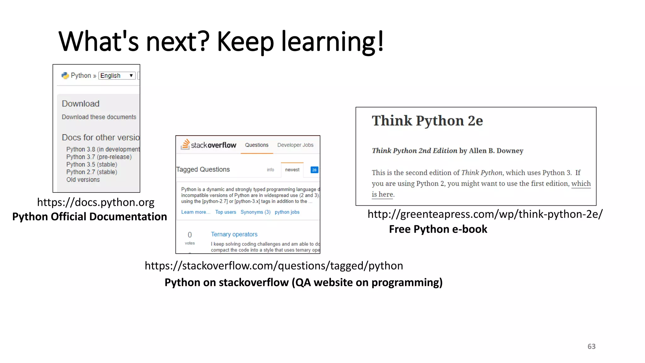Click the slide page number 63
[591, 346]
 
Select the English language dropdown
[117, 76]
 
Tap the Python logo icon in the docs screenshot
[65, 76]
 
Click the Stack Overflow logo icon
[186, 144]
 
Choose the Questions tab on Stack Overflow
[257, 145]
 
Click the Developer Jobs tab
[295, 145]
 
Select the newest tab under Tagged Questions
[292, 170]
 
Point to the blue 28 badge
[314, 170]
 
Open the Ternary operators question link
[234, 234]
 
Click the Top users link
[225, 212]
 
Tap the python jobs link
[287, 212]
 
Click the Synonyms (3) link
[255, 212]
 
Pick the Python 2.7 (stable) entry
[92, 172]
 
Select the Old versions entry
[83, 180]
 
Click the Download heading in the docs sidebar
[81, 104]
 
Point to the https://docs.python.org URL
[96, 202]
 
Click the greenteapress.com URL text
[485, 214]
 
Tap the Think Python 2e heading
[427, 121]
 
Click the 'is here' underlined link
[382, 194]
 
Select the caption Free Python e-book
[438, 229]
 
